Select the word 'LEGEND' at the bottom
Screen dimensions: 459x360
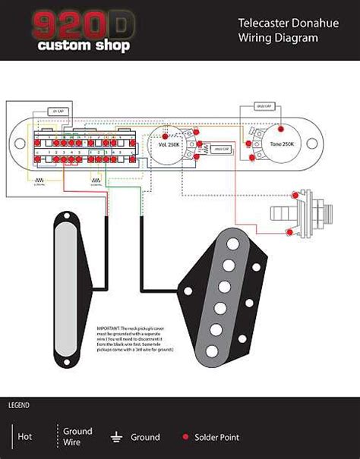(x=20, y=406)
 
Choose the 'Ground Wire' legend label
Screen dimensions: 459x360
(x=77, y=436)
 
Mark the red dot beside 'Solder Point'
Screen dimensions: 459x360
(x=185, y=437)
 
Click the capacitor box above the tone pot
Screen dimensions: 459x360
(x=265, y=107)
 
